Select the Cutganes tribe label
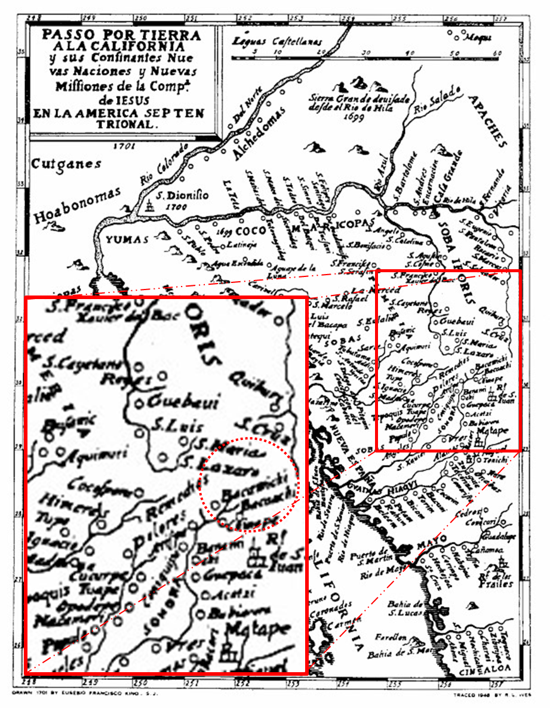pos(66,164)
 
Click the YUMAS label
pos(127,239)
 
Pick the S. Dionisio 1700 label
pos(182,199)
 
